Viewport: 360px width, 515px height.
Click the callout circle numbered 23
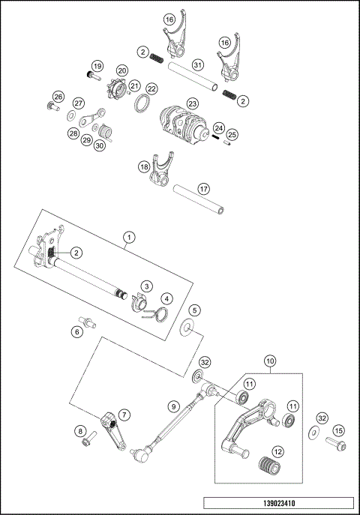click(x=193, y=103)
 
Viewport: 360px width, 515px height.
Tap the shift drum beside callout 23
click(x=183, y=122)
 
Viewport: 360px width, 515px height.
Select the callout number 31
click(x=197, y=65)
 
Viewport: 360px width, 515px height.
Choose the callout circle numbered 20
click(x=121, y=70)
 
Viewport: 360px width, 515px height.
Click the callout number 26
click(x=58, y=96)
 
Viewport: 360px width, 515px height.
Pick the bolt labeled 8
click(x=88, y=434)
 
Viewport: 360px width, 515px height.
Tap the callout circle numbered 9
click(x=173, y=406)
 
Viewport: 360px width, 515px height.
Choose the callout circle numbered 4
click(x=165, y=300)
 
